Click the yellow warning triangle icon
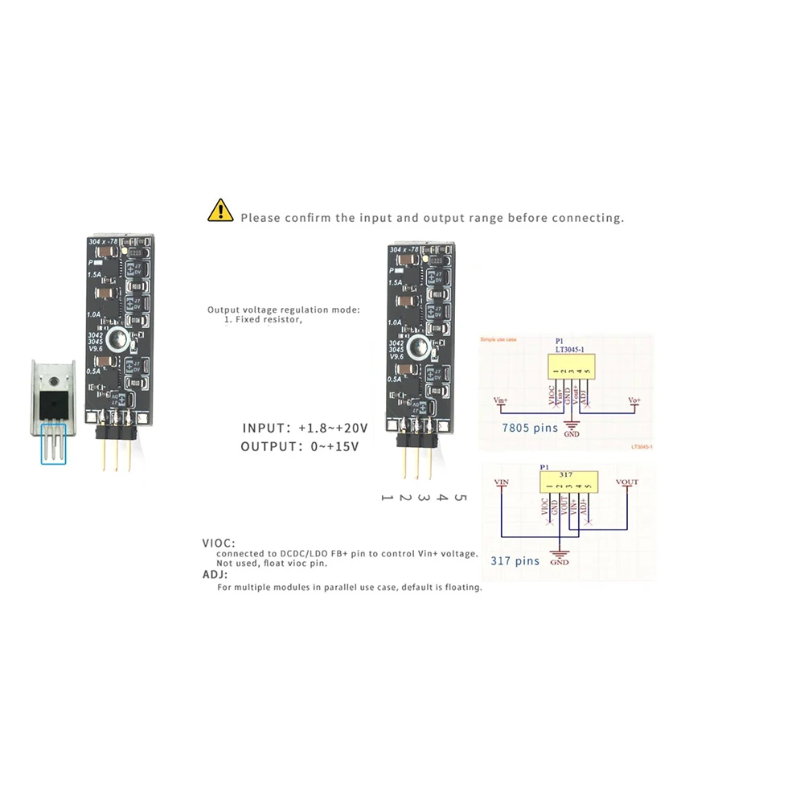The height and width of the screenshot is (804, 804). tap(219, 211)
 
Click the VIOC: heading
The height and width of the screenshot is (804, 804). tap(219, 544)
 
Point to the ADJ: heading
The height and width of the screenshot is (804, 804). tap(215, 576)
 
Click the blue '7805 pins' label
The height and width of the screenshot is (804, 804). tap(529, 428)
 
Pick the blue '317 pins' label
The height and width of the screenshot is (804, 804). tap(515, 560)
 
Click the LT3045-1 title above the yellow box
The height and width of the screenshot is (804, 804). tap(570, 348)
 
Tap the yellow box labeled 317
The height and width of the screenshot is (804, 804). tap(570, 482)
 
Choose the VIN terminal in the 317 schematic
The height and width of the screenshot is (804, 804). tap(502, 482)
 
